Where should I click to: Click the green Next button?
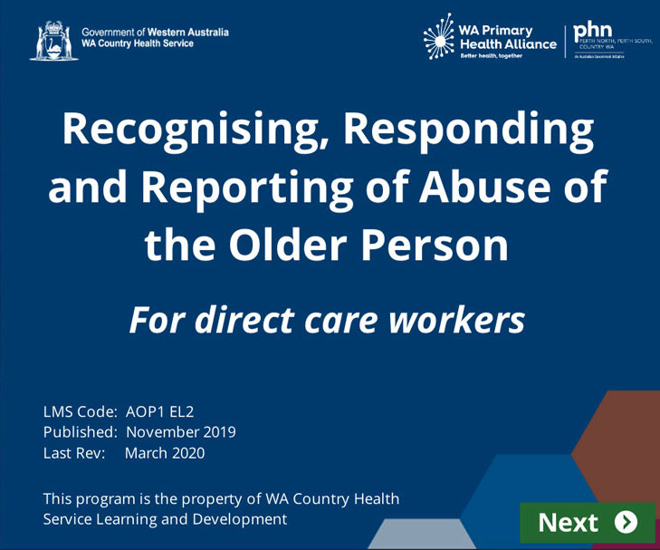pos(587,523)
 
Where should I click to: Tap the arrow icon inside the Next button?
pos(626,522)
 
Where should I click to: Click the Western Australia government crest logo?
pos(53,41)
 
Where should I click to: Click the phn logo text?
pos(593,31)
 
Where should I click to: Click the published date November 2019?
pos(180,432)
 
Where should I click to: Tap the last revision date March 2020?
pos(165,453)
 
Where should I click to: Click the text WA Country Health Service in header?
pos(137,43)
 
